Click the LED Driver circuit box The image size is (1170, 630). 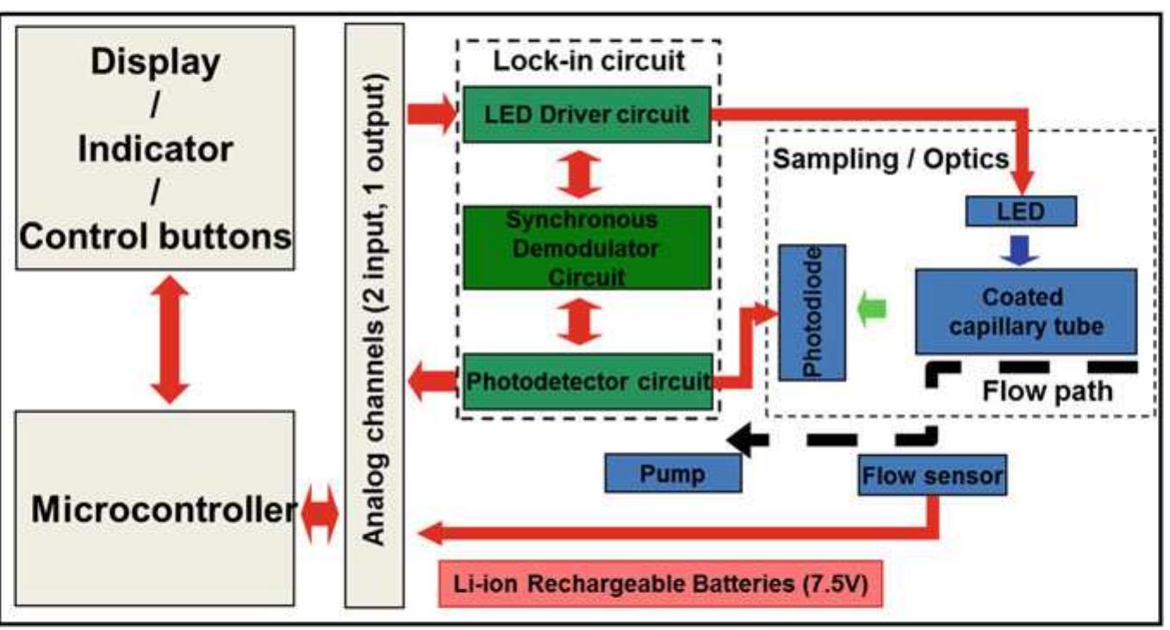pos(587,114)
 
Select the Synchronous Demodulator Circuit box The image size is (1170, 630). pos(587,247)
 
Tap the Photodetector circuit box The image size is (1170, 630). pos(587,381)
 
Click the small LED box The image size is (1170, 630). pos(1021,211)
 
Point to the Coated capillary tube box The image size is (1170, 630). pos(1025,311)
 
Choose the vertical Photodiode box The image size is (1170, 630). pos(812,312)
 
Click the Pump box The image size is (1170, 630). pos(673,473)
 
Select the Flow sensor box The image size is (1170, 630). pos(932,475)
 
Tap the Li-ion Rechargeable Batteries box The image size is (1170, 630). pos(662,583)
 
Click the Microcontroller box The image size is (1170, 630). pos(155,509)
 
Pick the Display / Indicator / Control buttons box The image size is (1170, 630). pos(155,148)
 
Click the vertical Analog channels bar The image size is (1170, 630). pos(374,315)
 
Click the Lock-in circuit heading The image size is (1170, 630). pos(588,61)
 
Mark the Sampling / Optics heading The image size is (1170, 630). pos(891,159)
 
